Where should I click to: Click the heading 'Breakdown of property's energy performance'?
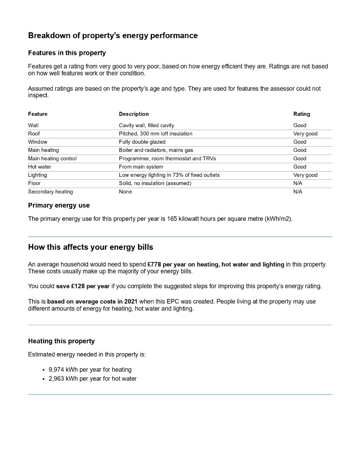[x=113, y=35]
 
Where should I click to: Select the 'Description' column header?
[x=133, y=114]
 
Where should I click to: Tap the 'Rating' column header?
[x=301, y=114]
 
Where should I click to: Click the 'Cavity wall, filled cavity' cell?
[x=146, y=125]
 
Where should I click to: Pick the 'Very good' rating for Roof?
[x=305, y=134]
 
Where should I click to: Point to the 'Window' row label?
[x=38, y=142]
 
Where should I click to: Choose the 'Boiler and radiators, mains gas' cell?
[x=156, y=150]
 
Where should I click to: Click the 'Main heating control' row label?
[x=52, y=158]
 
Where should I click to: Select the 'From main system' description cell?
[x=141, y=167]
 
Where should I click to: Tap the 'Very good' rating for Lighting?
[x=305, y=175]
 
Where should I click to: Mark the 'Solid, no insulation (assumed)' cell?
[x=155, y=183]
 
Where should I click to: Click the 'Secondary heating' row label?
[x=50, y=192]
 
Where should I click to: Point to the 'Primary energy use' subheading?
[x=59, y=205]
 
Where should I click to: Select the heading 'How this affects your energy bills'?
[x=90, y=247]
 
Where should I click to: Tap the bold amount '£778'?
[x=155, y=264]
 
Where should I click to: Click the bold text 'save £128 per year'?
[x=83, y=286]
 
